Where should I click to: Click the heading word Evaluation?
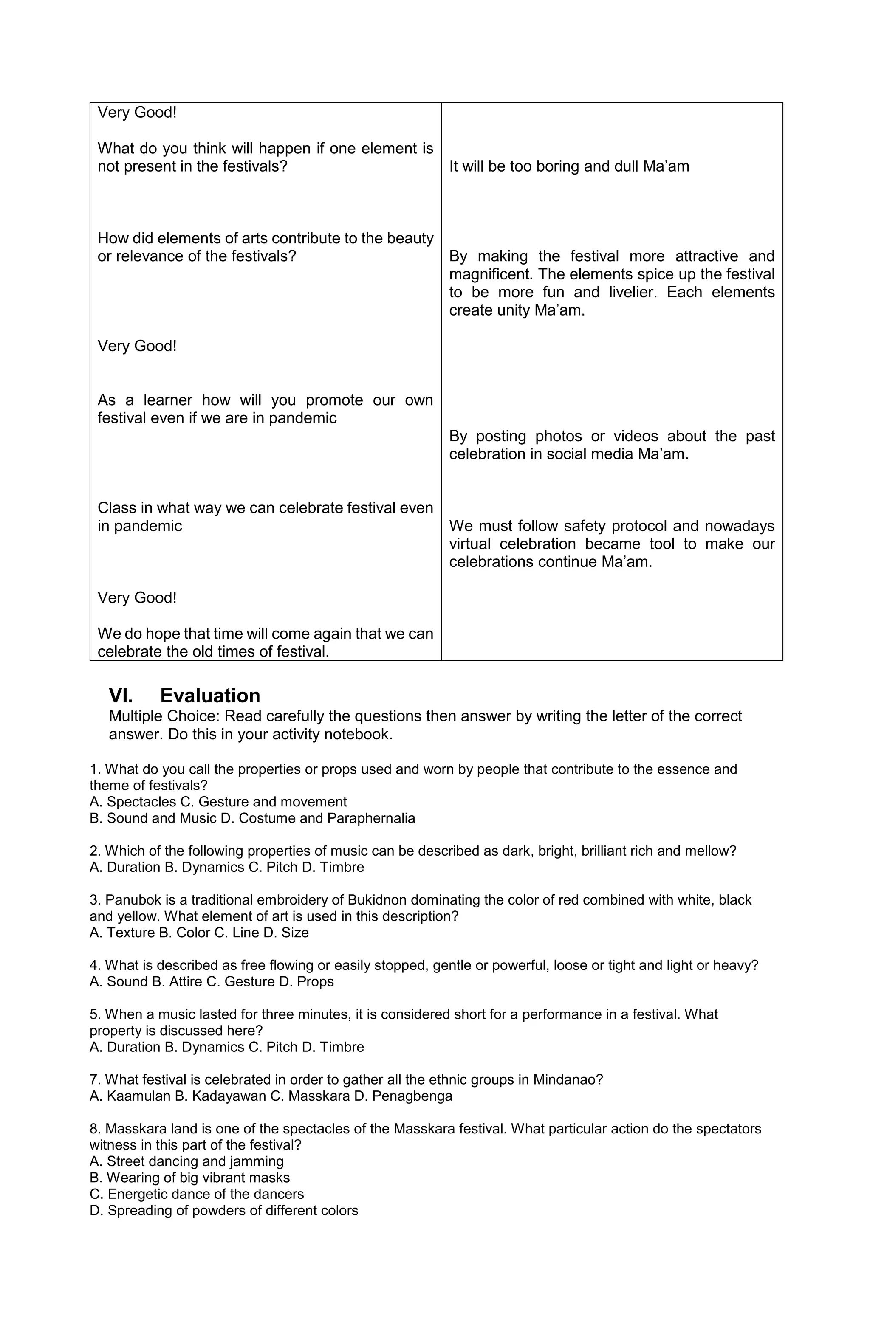210,696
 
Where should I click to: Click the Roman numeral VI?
121,696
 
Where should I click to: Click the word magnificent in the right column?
484,274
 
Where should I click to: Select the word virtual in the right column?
470,544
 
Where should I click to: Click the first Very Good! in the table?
137,113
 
